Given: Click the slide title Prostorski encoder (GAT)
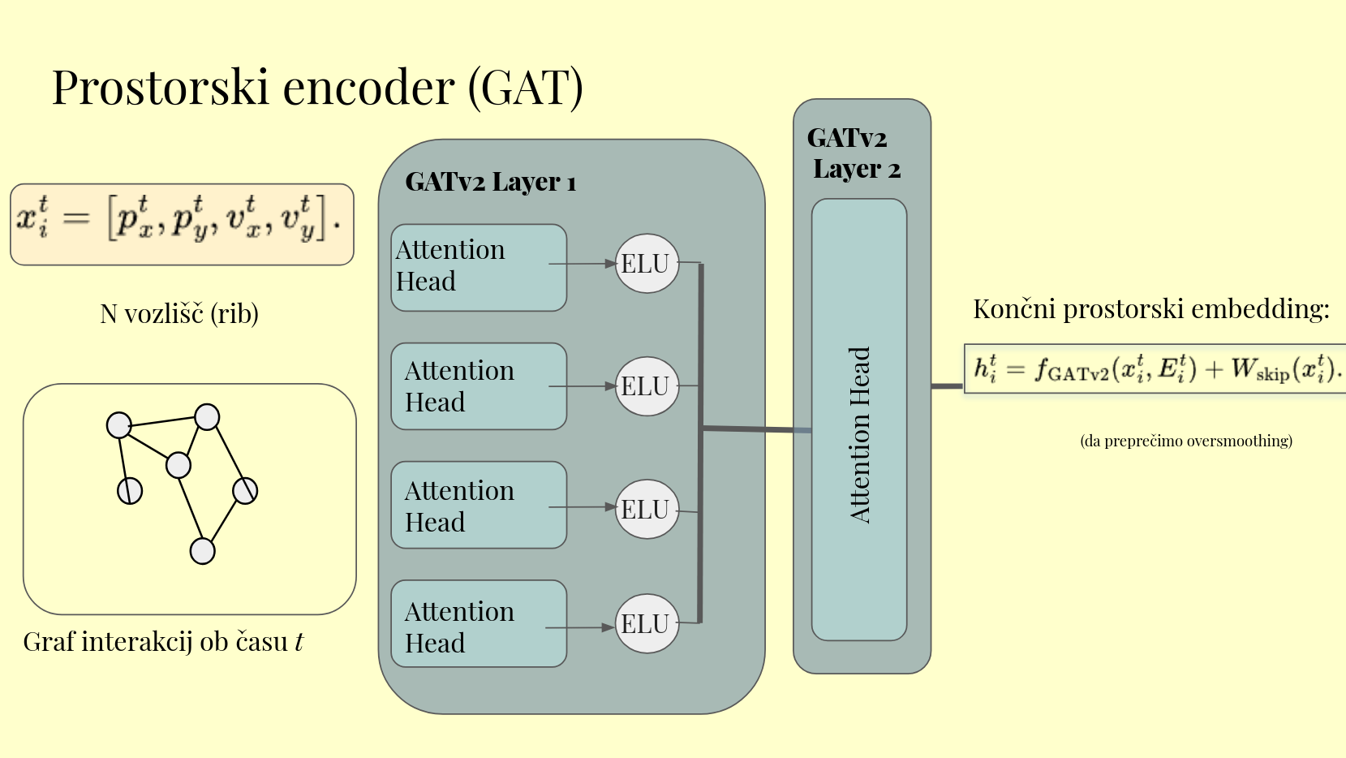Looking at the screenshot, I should pyautogui.click(x=317, y=87).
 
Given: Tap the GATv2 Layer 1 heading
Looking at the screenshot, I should pyautogui.click(x=490, y=182).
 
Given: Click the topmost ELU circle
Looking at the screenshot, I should pyautogui.click(x=646, y=264).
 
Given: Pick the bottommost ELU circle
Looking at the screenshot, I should pyautogui.click(x=646, y=624).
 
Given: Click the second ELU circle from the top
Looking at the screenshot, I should pyautogui.click(x=646, y=386).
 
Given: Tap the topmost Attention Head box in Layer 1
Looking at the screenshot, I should pyautogui.click(x=478, y=267).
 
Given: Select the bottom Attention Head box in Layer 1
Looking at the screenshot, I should pyautogui.click(x=478, y=623).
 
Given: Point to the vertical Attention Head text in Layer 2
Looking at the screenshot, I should pyautogui.click(x=859, y=434).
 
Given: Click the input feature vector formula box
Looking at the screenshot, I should pyautogui.click(x=182, y=224).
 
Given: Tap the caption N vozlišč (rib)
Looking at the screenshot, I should pyautogui.click(x=179, y=314).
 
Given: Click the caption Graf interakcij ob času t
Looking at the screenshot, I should pyautogui.click(x=163, y=642).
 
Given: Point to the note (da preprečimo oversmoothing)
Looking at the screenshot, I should pyautogui.click(x=1186, y=441).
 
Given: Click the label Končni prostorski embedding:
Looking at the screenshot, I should pyautogui.click(x=1150, y=309).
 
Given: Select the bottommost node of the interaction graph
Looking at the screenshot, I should pyautogui.click(x=202, y=551).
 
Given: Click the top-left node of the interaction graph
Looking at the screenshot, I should pyautogui.click(x=119, y=424).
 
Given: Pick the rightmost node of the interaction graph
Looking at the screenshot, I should pyautogui.click(x=245, y=490).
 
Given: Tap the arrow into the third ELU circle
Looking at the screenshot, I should pyautogui.click(x=583, y=507).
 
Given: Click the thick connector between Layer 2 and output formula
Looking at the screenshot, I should pyautogui.click(x=947, y=385).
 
